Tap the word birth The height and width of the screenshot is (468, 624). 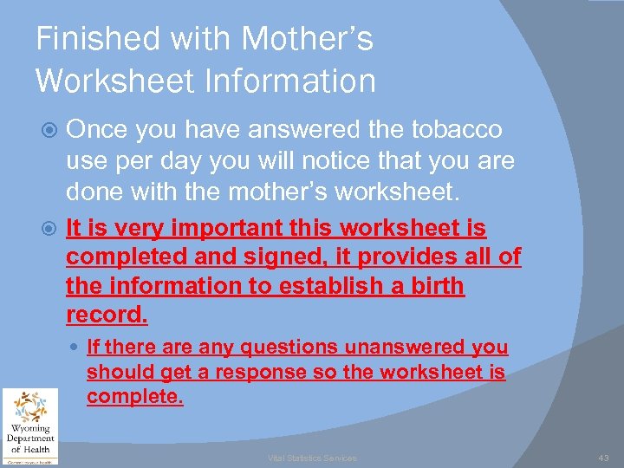(x=433, y=286)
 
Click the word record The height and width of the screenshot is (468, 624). (x=107, y=315)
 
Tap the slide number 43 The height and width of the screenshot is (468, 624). (x=603, y=457)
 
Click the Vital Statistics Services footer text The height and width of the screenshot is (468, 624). (x=311, y=458)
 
